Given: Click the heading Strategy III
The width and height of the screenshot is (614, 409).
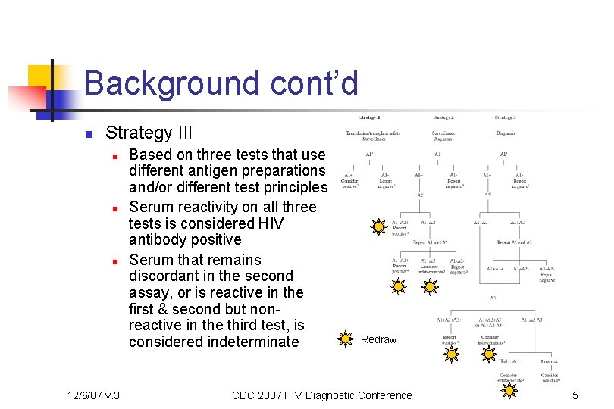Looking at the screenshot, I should pyautogui.click(x=149, y=133).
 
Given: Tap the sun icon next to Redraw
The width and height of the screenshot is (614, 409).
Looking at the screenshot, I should pyautogui.click(x=345, y=339).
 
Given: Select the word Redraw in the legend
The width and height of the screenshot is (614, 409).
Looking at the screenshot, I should pyautogui.click(x=378, y=339).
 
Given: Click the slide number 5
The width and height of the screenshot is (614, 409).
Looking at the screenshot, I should pyautogui.click(x=575, y=395).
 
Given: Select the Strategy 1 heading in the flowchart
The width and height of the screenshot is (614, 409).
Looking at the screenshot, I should pyautogui.click(x=369, y=117).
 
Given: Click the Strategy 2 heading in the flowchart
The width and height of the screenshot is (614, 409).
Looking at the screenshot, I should pyautogui.click(x=443, y=117).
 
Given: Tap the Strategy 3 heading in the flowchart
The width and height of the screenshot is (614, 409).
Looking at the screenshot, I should pyautogui.click(x=505, y=117).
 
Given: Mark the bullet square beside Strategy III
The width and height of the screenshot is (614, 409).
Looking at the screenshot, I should pyautogui.click(x=88, y=135).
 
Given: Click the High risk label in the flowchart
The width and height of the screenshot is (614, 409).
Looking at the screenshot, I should pyautogui.click(x=506, y=361).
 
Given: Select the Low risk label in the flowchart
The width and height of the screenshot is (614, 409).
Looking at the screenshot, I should pyautogui.click(x=550, y=361).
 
